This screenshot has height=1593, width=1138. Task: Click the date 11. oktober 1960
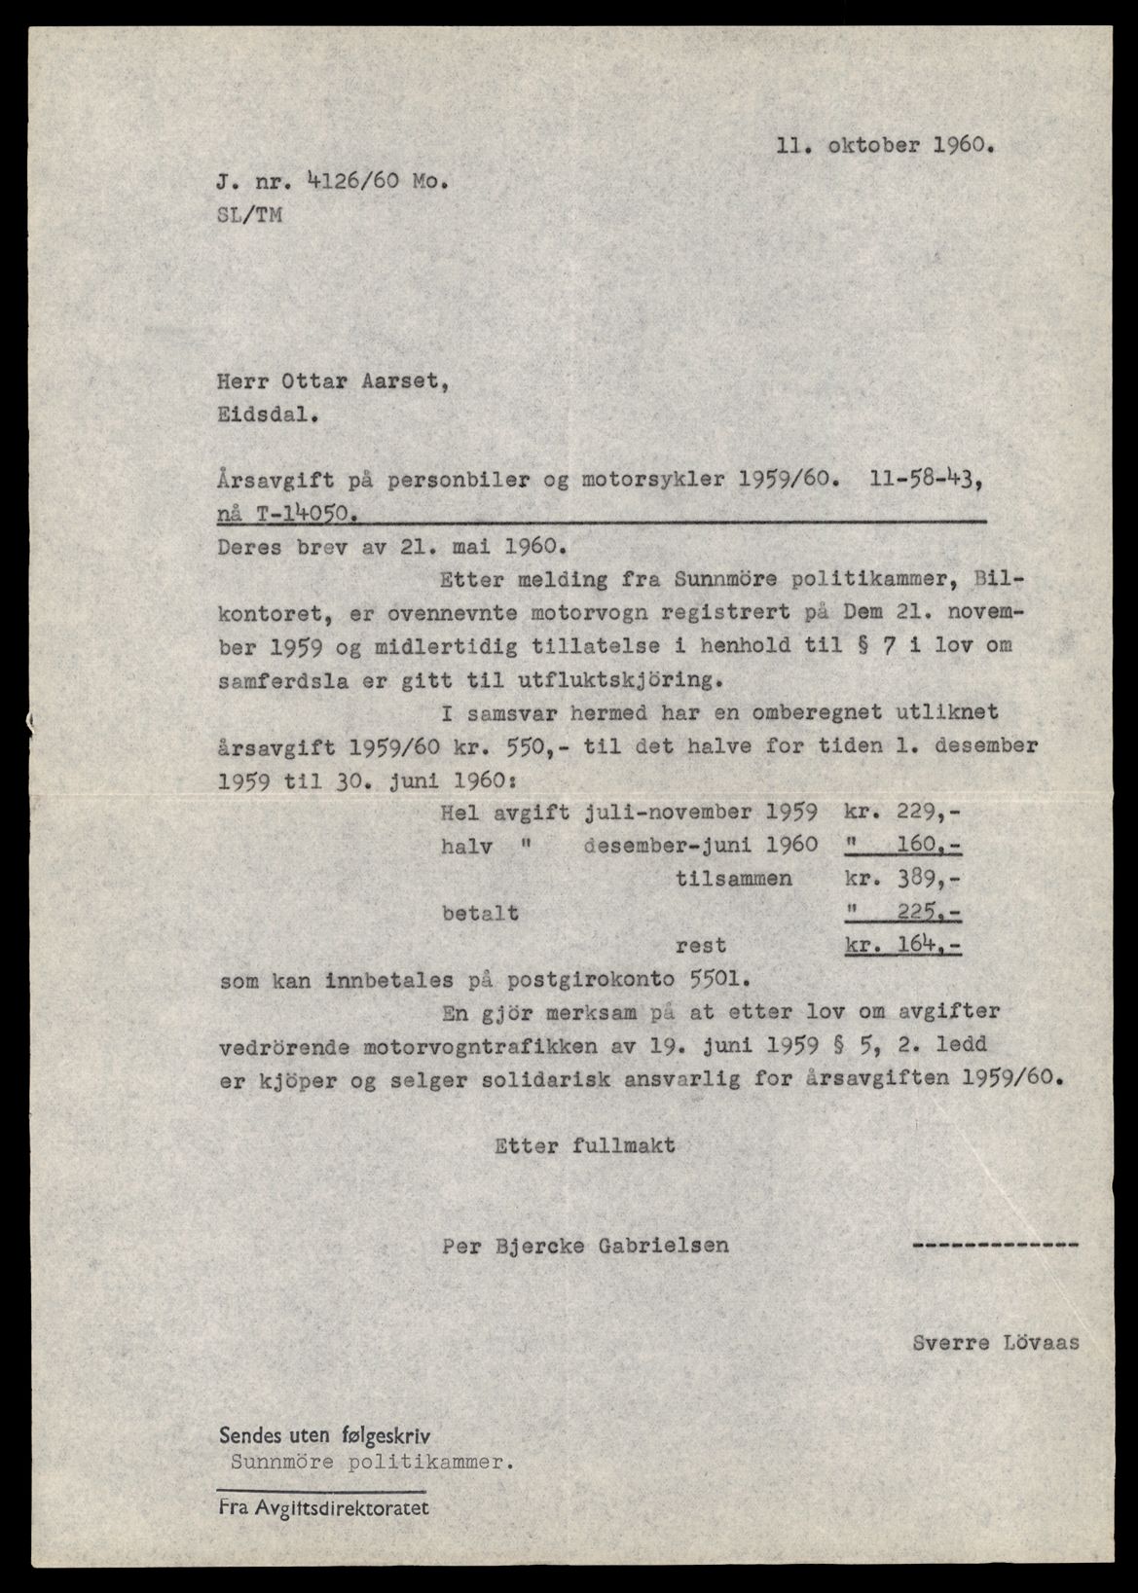886,148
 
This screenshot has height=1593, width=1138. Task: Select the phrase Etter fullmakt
585,1145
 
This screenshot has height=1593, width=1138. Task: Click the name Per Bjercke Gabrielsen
585,1245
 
